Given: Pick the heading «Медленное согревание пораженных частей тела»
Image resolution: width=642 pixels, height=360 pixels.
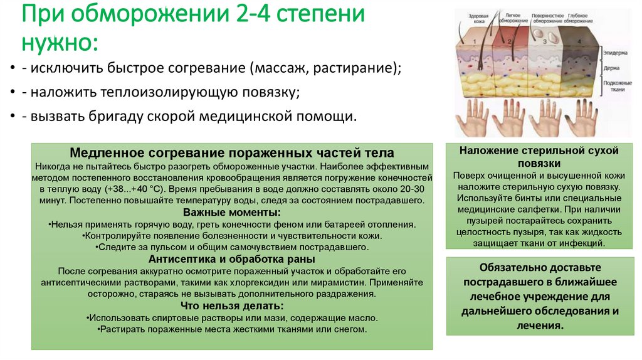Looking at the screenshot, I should click(x=232, y=152).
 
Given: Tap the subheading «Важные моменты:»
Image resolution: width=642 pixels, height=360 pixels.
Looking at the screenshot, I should click(x=232, y=213).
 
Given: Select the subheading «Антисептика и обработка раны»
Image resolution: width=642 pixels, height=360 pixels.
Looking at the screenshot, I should click(x=232, y=259).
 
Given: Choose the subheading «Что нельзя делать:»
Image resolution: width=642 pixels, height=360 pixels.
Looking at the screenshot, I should click(x=232, y=305).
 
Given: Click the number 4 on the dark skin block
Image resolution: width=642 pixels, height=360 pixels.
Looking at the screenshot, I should click(x=579, y=42).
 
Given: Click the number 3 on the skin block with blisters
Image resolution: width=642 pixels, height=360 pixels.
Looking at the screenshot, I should click(x=545, y=42).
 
